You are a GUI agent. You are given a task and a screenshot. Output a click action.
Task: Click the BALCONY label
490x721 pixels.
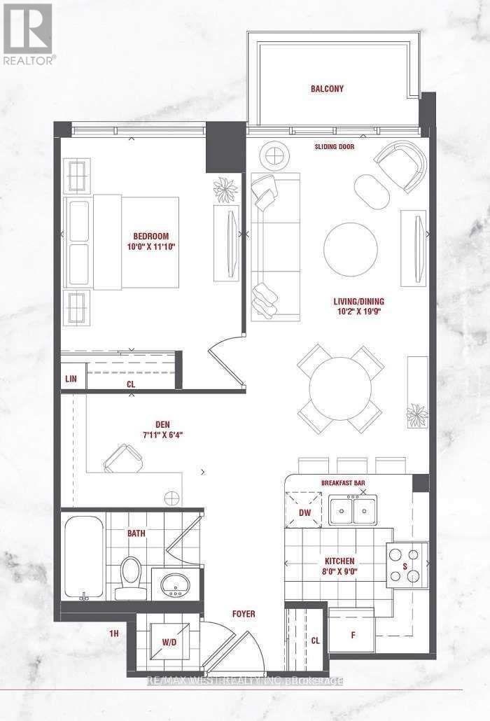tap(328, 89)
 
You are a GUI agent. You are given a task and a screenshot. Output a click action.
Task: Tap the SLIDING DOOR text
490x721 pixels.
tap(335, 148)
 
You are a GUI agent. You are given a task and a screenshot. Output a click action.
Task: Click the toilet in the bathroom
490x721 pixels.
tap(129, 578)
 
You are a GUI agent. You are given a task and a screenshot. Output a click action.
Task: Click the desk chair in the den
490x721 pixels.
tap(123, 460)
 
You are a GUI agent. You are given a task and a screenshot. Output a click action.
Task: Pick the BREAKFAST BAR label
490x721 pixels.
tap(344, 484)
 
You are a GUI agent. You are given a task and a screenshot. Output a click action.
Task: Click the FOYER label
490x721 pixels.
tap(244, 614)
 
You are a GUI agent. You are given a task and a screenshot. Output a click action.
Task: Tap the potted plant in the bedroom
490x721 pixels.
tap(225, 188)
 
